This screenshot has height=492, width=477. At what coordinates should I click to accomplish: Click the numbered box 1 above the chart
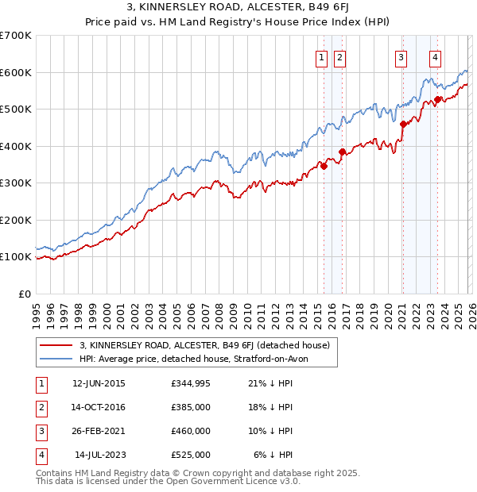point(321,56)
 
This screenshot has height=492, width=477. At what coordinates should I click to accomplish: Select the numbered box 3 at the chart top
point(401,56)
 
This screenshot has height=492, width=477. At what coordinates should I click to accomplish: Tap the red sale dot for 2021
point(403,124)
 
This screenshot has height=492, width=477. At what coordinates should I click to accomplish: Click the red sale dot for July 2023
point(437,99)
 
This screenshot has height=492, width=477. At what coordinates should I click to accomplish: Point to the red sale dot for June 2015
point(324,166)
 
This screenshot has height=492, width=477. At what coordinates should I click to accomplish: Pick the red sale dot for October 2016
point(343,152)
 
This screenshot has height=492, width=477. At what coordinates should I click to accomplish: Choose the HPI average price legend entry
point(199,359)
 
